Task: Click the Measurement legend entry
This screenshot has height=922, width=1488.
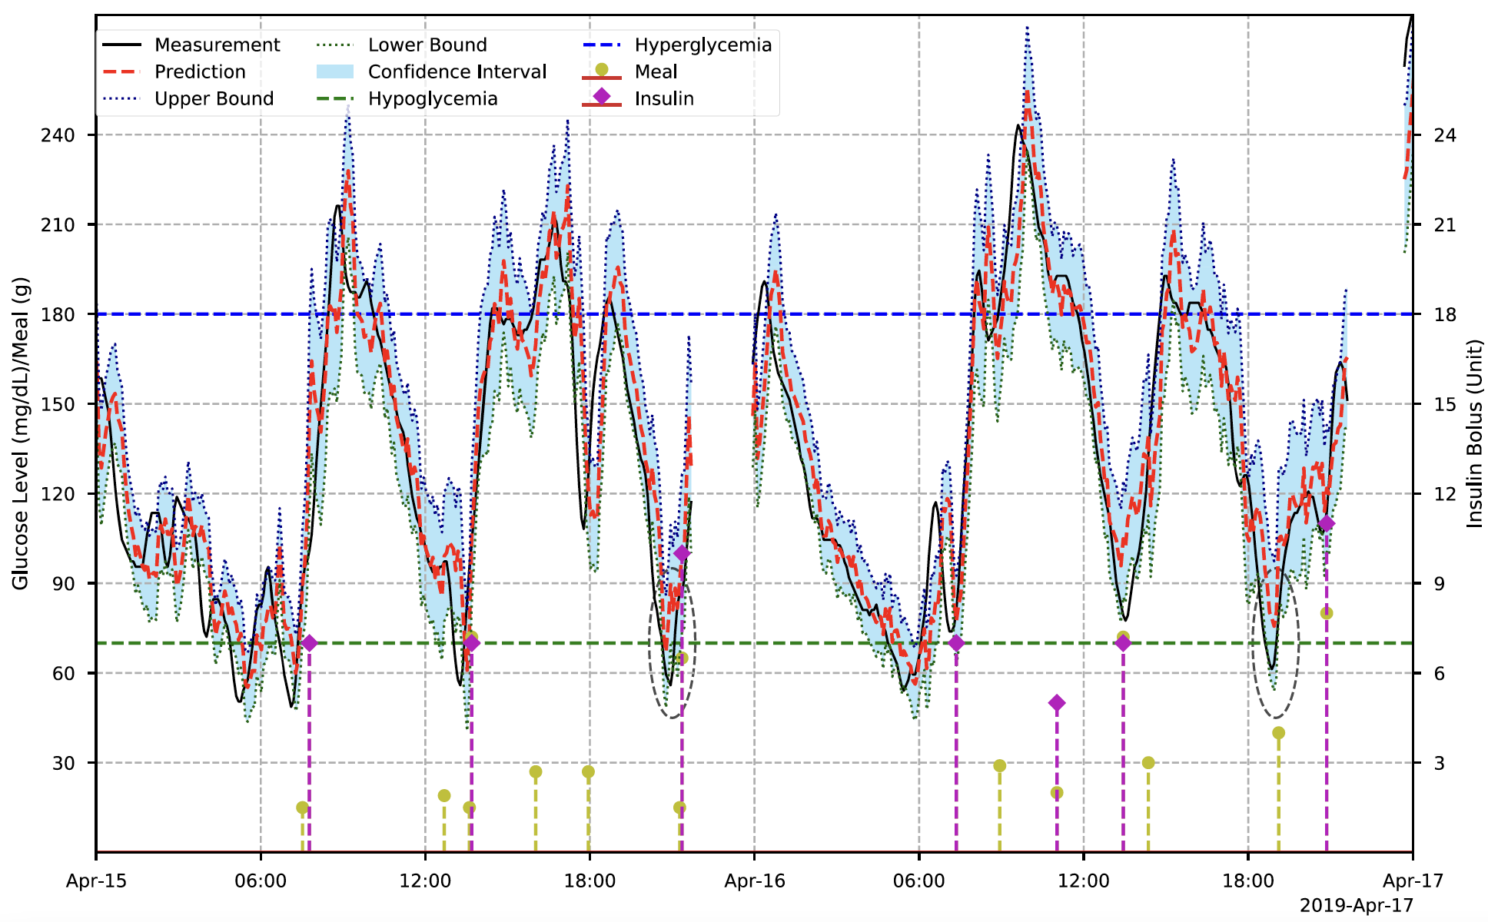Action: pyautogui.click(x=217, y=45)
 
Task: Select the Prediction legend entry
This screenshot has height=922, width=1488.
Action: pyautogui.click(x=200, y=72)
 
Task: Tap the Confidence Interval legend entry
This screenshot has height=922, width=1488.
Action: pyautogui.click(x=457, y=72)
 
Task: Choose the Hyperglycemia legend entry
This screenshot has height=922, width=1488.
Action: pyautogui.click(x=702, y=45)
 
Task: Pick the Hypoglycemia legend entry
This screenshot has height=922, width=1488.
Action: pyautogui.click(x=432, y=99)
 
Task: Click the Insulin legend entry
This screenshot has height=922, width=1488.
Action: pyautogui.click(x=664, y=99)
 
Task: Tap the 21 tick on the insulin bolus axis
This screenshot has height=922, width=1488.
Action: pyautogui.click(x=1445, y=225)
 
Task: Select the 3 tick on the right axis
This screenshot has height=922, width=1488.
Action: pyautogui.click(x=1440, y=763)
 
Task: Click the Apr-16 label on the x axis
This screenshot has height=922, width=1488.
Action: pyautogui.click(x=754, y=881)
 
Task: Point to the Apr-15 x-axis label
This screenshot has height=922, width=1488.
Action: pyautogui.click(x=96, y=881)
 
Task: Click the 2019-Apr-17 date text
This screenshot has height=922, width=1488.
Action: pyautogui.click(x=1356, y=906)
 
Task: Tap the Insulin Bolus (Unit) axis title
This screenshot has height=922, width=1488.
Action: pyautogui.click(x=1474, y=434)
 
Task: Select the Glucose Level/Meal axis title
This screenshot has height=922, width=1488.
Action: pyautogui.click(x=20, y=434)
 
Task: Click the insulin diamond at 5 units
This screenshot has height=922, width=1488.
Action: pyautogui.click(x=1057, y=703)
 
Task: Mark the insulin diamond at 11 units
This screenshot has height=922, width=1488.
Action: pyautogui.click(x=1326, y=524)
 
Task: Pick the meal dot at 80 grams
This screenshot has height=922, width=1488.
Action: pyautogui.click(x=1326, y=613)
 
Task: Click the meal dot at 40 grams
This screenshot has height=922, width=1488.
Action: pyautogui.click(x=1278, y=733)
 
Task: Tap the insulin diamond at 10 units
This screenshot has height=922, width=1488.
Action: pyautogui.click(x=682, y=553)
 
